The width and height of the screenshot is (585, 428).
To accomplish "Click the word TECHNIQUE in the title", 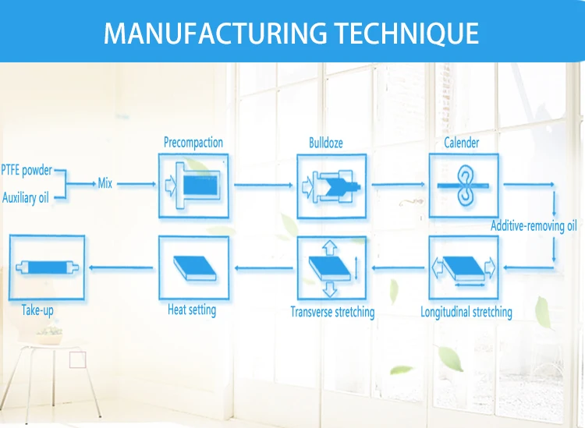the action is pos(406,34).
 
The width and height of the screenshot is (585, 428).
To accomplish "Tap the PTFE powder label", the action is pos(27,170).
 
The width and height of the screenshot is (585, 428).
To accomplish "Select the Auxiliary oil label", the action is pos(25,198).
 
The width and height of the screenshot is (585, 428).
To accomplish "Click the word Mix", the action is pos(105,184).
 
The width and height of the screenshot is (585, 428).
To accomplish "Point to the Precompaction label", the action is pos(193,143).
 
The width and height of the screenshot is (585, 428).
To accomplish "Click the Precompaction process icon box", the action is pos(193,186).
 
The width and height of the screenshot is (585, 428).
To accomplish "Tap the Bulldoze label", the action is pos(325,143).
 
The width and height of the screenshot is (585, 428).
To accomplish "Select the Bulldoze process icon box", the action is pos(331,186).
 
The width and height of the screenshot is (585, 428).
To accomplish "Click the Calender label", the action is pos(462,143).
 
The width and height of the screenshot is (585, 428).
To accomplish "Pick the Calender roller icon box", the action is pos(463,186).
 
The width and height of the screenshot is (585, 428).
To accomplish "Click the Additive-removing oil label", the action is pos(534,226).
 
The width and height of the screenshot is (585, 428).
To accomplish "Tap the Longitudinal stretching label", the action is pos(466,312).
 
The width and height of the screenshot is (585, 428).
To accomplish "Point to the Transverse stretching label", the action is pos(332,312).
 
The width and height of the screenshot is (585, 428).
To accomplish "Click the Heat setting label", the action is pos(192,310).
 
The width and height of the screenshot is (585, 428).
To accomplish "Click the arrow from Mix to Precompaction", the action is pos(136,184).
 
